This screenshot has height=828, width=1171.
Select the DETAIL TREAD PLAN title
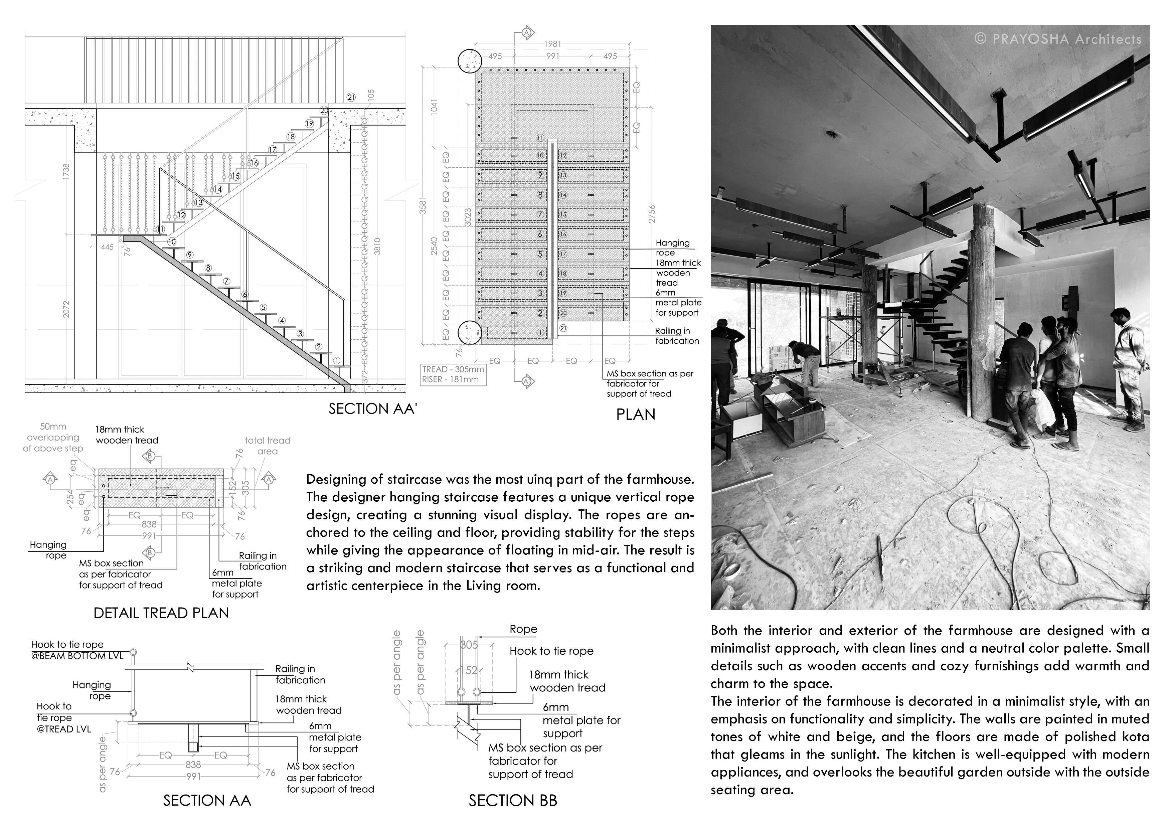[161, 613]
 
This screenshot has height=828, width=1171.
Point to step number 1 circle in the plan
[540, 332]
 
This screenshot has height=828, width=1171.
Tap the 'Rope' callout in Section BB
[523, 629]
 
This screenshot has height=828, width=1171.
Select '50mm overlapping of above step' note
[53, 437]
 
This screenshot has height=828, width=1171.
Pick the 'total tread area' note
[267, 445]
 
